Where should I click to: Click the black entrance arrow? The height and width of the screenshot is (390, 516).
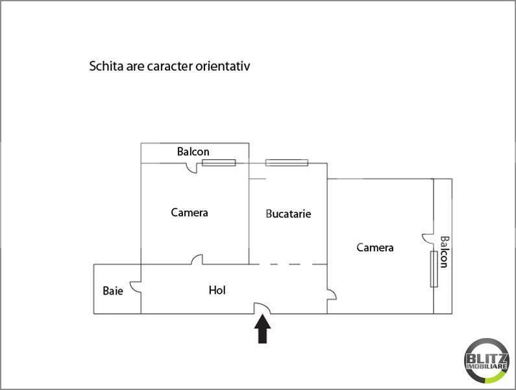coord(262,329)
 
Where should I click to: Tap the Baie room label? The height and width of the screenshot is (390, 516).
coord(113,291)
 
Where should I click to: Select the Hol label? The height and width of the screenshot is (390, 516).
coord(217,290)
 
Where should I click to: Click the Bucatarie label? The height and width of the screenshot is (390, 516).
coord(288,214)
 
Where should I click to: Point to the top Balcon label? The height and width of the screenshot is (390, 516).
coord(193,151)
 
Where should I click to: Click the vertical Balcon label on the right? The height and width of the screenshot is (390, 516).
coord(444,252)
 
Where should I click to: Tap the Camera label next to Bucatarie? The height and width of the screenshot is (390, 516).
coord(190,213)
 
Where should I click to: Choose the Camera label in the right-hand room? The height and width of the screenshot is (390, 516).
coord(375,247)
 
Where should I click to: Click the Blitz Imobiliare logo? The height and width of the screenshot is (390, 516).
coord(486,361)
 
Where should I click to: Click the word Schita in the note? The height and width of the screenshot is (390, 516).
coord(106,66)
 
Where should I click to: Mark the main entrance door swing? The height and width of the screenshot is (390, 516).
coord(262,308)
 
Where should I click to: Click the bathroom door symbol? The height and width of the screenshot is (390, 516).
coord(136,287)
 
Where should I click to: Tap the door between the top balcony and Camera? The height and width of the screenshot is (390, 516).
coord(191,168)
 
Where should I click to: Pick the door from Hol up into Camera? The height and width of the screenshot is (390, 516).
coord(197,259)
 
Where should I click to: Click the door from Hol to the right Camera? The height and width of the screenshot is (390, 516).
coord(332,294)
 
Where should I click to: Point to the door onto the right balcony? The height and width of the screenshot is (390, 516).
coord(428,239)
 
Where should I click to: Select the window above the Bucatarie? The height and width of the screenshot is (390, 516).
coord(287,163)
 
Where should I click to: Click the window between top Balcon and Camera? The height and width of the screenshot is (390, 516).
coord(219,163)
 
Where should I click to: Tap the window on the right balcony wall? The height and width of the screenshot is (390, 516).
coord(434,269)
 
